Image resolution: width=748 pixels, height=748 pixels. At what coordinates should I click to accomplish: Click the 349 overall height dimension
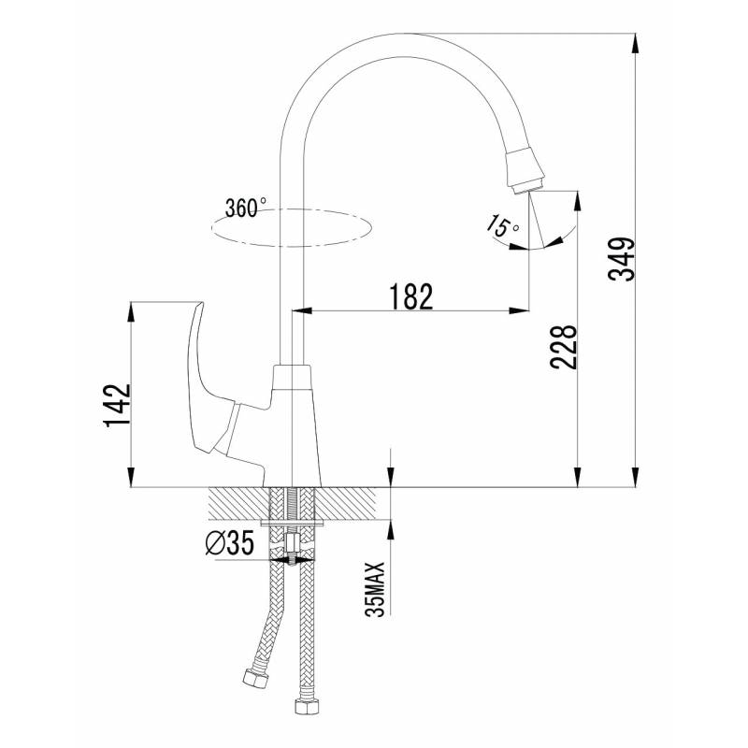click(622, 259)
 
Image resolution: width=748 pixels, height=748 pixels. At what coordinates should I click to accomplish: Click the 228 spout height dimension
click(564, 347)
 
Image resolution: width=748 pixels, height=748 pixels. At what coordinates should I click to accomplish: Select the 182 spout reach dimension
click(411, 296)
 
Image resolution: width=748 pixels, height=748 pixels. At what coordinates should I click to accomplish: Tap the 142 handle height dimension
click(117, 405)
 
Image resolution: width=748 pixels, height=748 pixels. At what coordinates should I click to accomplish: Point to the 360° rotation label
click(246, 208)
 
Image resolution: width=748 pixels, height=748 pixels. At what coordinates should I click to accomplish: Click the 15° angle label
click(503, 226)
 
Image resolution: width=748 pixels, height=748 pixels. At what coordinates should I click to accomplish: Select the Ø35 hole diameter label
click(229, 544)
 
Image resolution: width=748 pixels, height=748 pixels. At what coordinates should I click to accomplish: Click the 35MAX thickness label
click(375, 589)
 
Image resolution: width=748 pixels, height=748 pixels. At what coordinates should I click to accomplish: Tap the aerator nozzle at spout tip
click(525, 171)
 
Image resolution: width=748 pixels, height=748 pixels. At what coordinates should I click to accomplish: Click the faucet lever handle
click(209, 381)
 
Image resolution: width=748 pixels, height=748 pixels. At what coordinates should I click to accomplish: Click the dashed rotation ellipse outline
click(291, 246)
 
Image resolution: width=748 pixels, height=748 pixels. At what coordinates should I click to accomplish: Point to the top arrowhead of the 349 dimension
click(635, 43)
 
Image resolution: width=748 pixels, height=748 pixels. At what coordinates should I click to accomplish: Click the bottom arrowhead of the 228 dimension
click(578, 477)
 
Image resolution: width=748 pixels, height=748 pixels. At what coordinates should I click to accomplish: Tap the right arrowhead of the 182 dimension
click(519, 311)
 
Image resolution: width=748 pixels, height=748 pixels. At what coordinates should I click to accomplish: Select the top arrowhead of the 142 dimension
click(131, 312)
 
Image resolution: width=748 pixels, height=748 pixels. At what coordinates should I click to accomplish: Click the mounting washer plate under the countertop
click(293, 524)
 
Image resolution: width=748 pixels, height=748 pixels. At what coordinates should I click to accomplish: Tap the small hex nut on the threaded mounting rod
click(292, 542)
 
